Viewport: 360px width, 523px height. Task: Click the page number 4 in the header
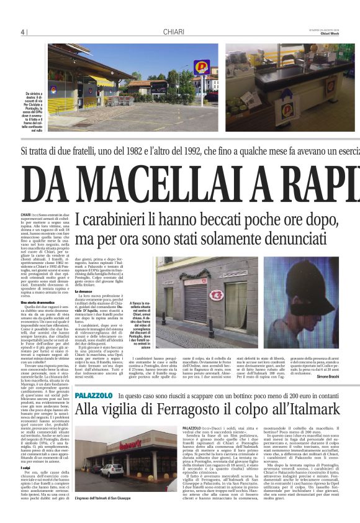click(22, 32)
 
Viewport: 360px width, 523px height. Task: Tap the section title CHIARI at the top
click(174, 32)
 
